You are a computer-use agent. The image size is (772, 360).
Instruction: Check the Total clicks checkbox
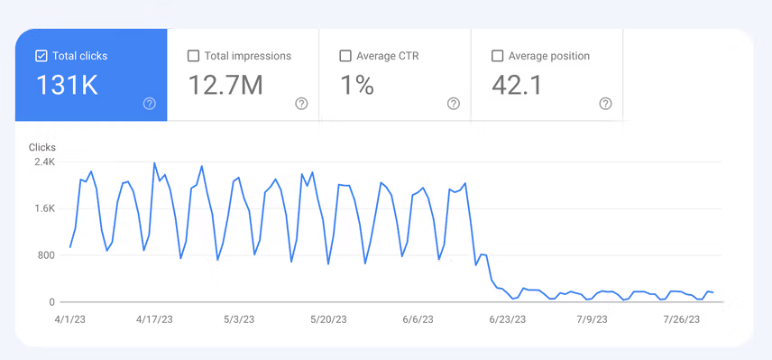[x=41, y=56]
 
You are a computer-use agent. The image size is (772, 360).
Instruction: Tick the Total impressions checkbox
[x=193, y=56]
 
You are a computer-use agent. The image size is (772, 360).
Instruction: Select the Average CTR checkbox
[x=345, y=56]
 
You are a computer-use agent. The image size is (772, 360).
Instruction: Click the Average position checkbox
[x=497, y=56]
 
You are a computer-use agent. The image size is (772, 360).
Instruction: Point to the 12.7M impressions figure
[x=225, y=86]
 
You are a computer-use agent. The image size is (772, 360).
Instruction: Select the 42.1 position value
[x=518, y=86]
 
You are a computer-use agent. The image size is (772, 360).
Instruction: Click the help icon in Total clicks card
[x=150, y=104]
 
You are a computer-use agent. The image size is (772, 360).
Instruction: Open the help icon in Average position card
[x=606, y=104]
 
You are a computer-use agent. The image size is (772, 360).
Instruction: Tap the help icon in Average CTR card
[x=454, y=104]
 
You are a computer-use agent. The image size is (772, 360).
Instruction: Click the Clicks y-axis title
[x=42, y=146]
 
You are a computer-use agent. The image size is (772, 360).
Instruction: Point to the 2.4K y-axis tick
[x=44, y=162]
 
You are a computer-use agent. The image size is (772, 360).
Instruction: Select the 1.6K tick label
[x=44, y=208]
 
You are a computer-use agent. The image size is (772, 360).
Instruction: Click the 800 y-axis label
[x=46, y=255]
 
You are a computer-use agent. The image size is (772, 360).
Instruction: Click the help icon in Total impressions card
[x=301, y=104]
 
